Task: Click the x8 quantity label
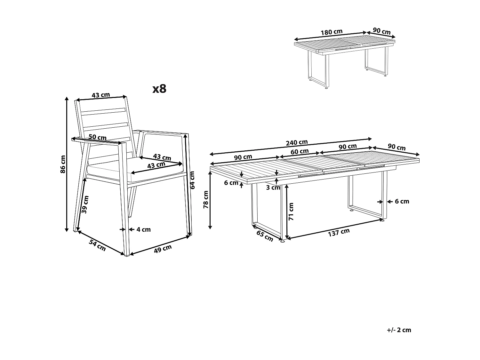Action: [159, 89]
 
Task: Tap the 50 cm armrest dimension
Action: [98, 137]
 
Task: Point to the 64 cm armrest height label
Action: [192, 180]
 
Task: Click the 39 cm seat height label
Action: [85, 204]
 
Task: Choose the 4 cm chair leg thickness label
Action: [143, 229]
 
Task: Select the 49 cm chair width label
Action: [163, 249]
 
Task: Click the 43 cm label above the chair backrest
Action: [101, 95]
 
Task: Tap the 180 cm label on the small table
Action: [332, 32]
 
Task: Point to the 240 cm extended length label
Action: [297, 142]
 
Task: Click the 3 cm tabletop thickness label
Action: [273, 188]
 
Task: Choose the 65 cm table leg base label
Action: [265, 236]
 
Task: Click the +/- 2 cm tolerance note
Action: [399, 330]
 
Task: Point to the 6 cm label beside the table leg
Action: [402, 201]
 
